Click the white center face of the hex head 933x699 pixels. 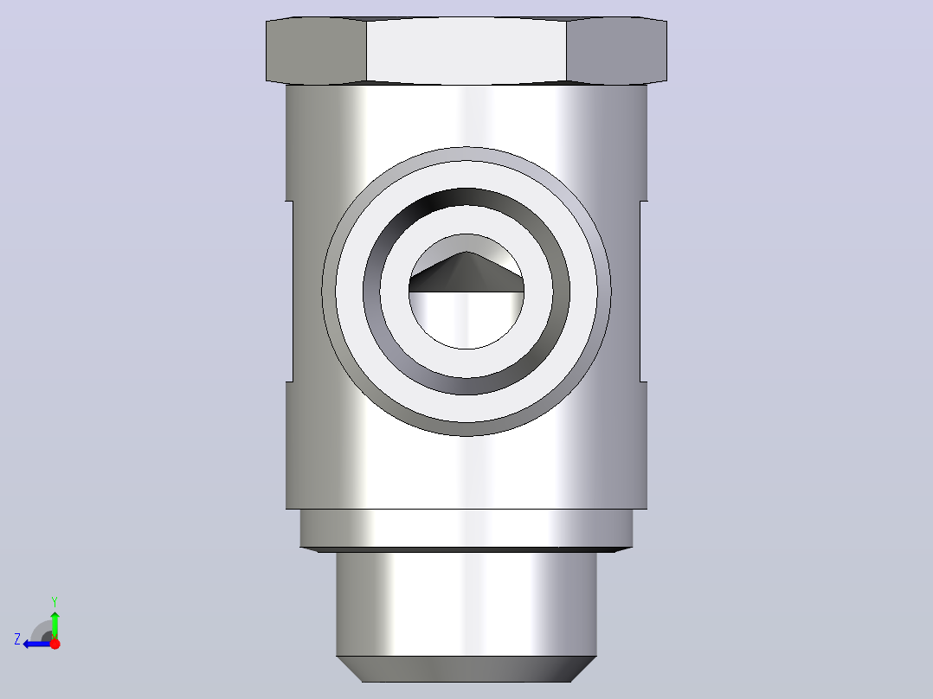click(x=466, y=50)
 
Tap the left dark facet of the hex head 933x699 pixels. click(x=316, y=50)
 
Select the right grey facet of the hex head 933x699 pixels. click(x=617, y=50)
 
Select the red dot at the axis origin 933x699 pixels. click(x=55, y=644)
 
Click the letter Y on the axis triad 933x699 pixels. click(x=55, y=601)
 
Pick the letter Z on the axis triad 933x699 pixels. click(x=17, y=639)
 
